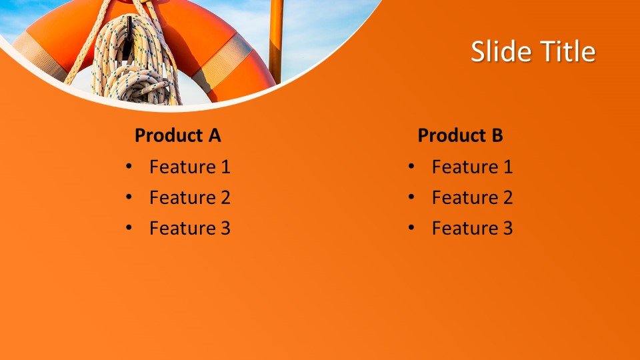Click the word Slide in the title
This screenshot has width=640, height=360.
pos(498,51)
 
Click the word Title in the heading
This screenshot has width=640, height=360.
pos(564,51)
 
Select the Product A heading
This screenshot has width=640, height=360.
pos(177,135)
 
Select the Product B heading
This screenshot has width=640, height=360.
pos(461,135)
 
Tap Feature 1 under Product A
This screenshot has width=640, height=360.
pos(190,167)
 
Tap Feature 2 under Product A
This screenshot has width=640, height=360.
pos(190,197)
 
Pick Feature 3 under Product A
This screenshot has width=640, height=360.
pos(190,228)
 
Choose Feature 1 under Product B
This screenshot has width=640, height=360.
pos(472,167)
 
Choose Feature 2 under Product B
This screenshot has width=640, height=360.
pos(472,197)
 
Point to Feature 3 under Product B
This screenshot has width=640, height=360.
pos(472,228)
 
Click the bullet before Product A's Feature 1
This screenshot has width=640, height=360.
pos(129,166)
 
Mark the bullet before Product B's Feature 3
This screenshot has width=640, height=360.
pos(411,228)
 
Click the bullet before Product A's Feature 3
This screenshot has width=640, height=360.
pos(129,228)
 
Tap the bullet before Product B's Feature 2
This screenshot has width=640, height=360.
pos(411,197)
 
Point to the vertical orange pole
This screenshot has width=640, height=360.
pos(276,41)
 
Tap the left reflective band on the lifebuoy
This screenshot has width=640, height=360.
pos(39,55)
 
